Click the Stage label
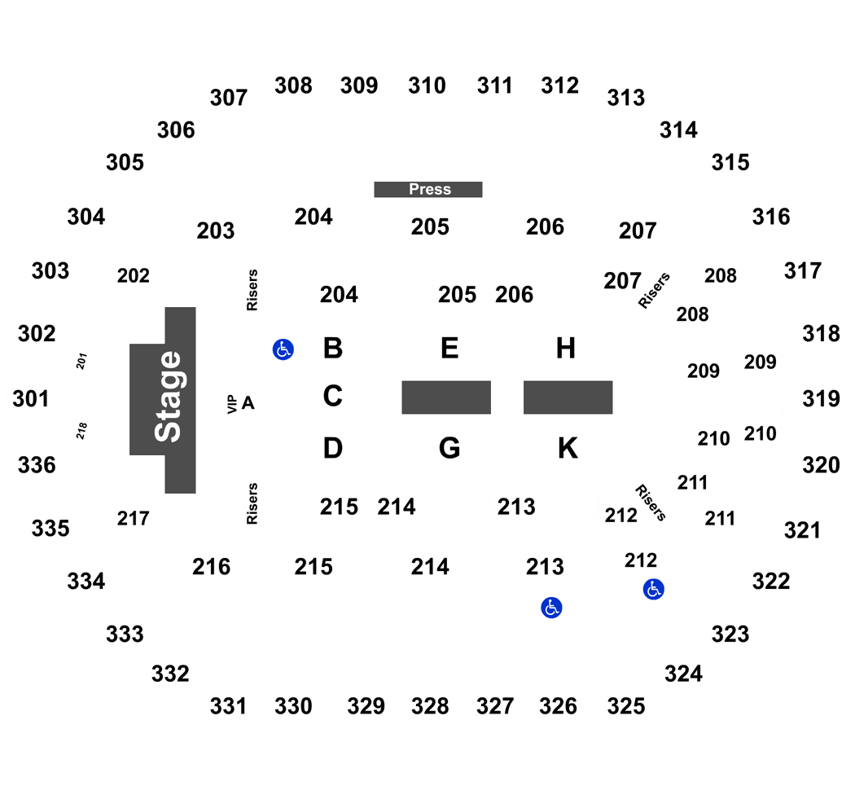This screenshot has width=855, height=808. (x=168, y=397)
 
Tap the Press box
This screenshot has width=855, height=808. (x=428, y=189)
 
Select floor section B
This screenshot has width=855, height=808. (x=332, y=348)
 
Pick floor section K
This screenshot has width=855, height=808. (x=568, y=448)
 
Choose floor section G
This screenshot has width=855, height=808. (x=449, y=448)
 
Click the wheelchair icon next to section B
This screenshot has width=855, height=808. (x=283, y=349)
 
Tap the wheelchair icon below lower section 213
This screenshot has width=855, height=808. (x=551, y=608)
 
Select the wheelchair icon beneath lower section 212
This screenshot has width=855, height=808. (x=653, y=589)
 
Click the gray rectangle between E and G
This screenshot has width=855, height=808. (x=446, y=397)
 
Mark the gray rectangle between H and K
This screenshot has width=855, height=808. (x=568, y=397)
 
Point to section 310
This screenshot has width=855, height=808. (x=427, y=86)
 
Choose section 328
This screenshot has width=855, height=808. (x=430, y=706)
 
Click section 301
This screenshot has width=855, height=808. (x=31, y=399)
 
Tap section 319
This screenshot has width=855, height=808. (x=821, y=399)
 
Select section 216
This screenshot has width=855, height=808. (x=211, y=567)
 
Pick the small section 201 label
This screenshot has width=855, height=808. (x=81, y=361)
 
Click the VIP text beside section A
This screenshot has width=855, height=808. (x=232, y=404)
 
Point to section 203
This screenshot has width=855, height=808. (x=216, y=231)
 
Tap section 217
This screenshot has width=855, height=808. (x=133, y=518)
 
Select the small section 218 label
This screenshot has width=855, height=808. (x=81, y=430)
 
